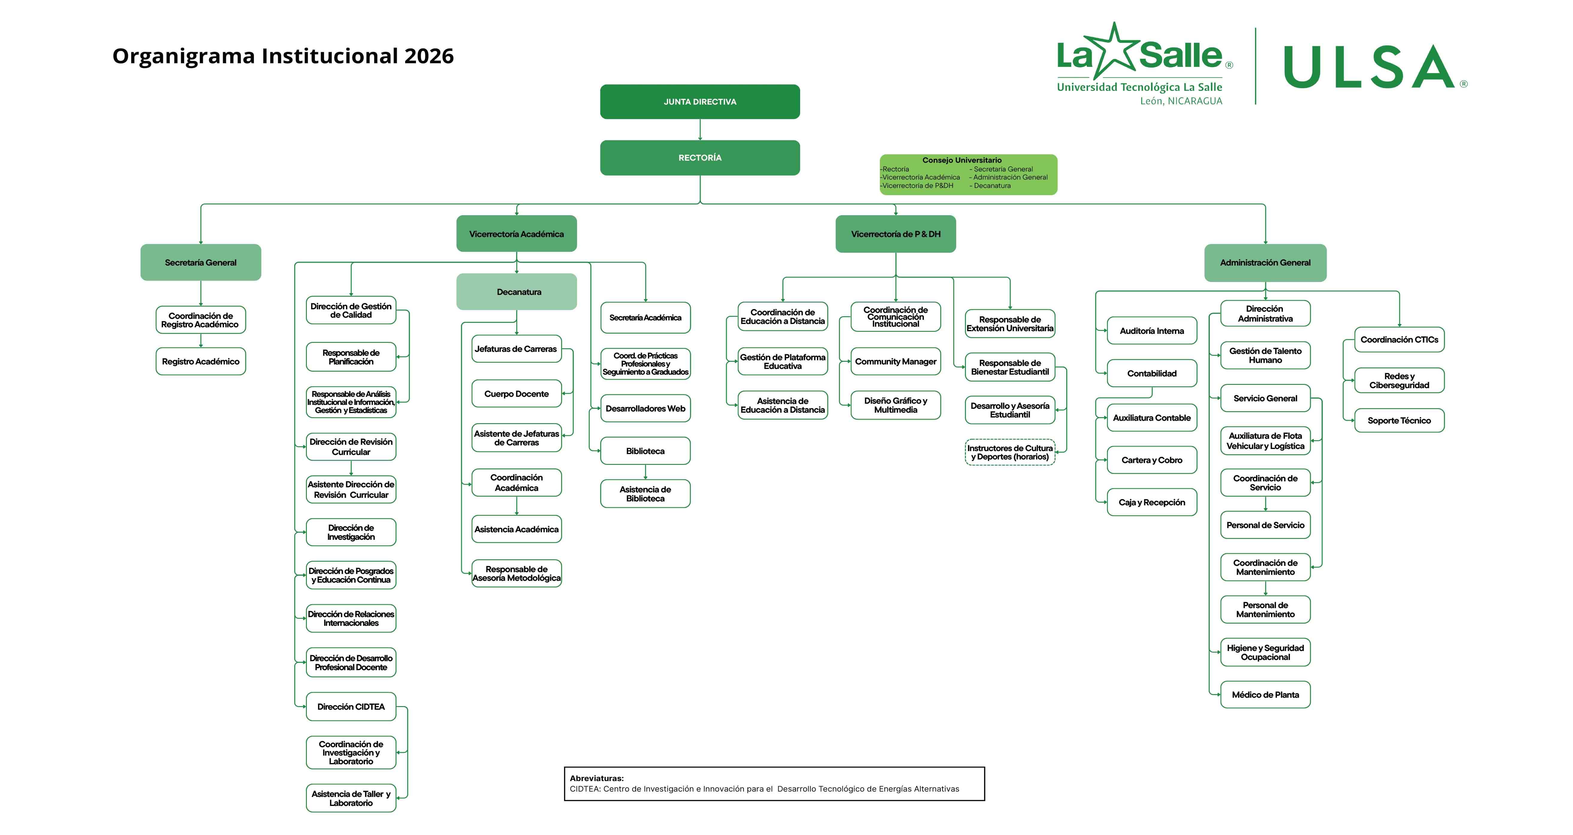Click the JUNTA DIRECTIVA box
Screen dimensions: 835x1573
[700, 102]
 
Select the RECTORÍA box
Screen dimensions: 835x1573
[700, 158]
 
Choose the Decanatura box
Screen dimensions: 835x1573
[517, 292]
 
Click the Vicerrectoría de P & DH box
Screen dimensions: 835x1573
[895, 234]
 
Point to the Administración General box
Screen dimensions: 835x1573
[1265, 263]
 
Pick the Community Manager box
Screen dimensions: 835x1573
[895, 362]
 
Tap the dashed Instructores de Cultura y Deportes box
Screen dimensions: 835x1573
[1010, 453]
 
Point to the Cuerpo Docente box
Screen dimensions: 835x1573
[517, 394]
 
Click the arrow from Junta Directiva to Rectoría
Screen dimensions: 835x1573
[700, 129]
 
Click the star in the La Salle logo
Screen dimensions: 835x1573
[1115, 49]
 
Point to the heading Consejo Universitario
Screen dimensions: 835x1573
[962, 160]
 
